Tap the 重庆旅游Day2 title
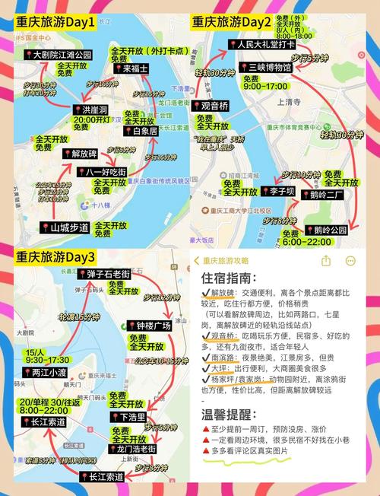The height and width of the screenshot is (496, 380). click(x=231, y=22)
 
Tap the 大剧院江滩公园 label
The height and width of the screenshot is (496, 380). click(x=62, y=55)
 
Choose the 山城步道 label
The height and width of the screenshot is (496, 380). click(x=65, y=227)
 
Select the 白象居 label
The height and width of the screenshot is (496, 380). click(x=144, y=131)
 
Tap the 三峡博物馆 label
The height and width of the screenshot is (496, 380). click(x=265, y=68)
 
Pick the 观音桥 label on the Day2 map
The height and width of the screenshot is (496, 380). click(x=215, y=106)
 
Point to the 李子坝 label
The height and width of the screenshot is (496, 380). click(x=277, y=190)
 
